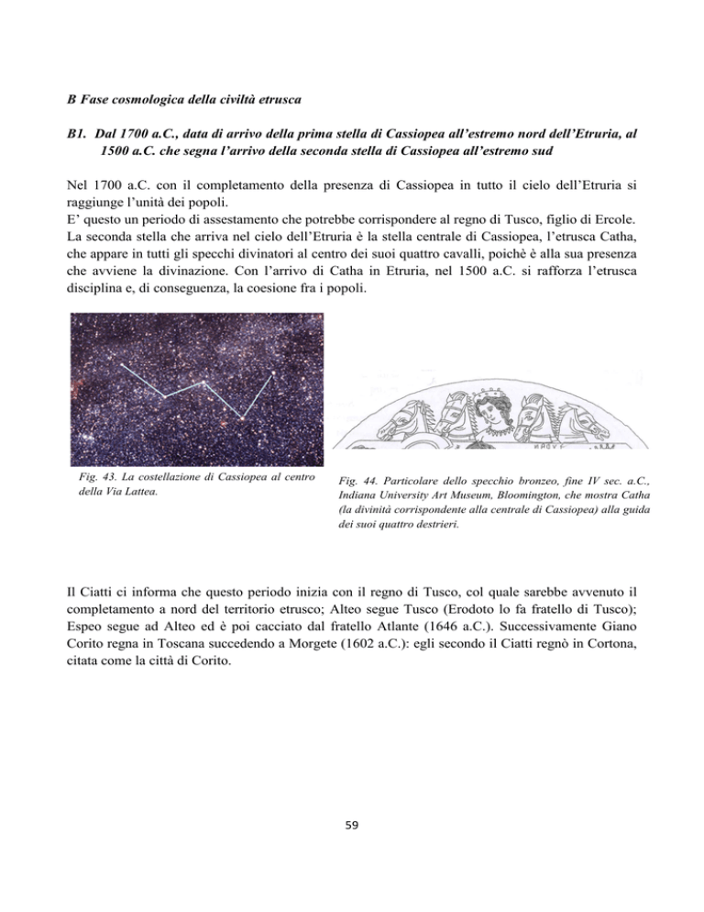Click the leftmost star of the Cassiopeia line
[x=122, y=365]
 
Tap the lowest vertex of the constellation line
[x=241, y=418]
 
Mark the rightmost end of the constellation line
[x=273, y=374]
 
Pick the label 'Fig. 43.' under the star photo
[x=93, y=478]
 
